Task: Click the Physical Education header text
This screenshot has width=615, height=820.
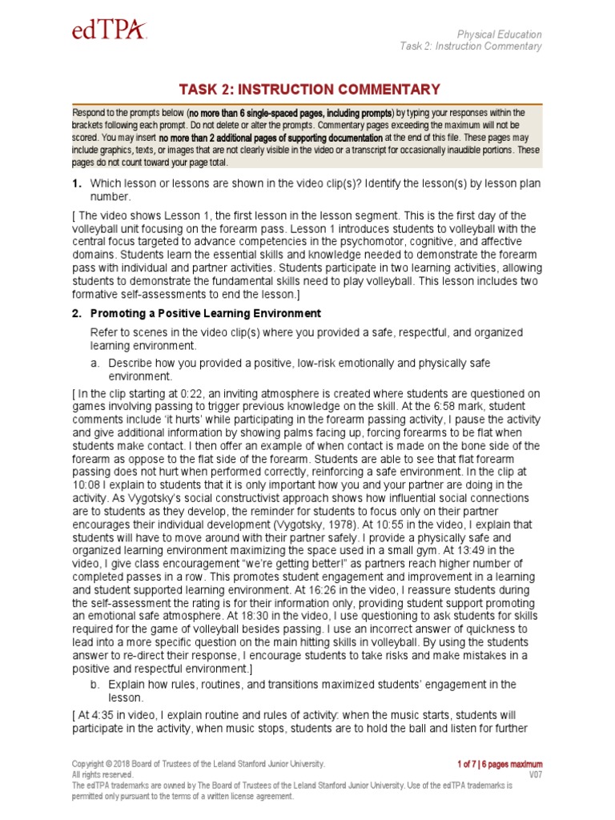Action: pos(499,34)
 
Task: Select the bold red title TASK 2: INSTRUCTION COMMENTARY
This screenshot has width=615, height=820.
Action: pos(307,89)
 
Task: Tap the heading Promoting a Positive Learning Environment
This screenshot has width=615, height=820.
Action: pos(206,313)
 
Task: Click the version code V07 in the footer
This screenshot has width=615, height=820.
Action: pos(536,775)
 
